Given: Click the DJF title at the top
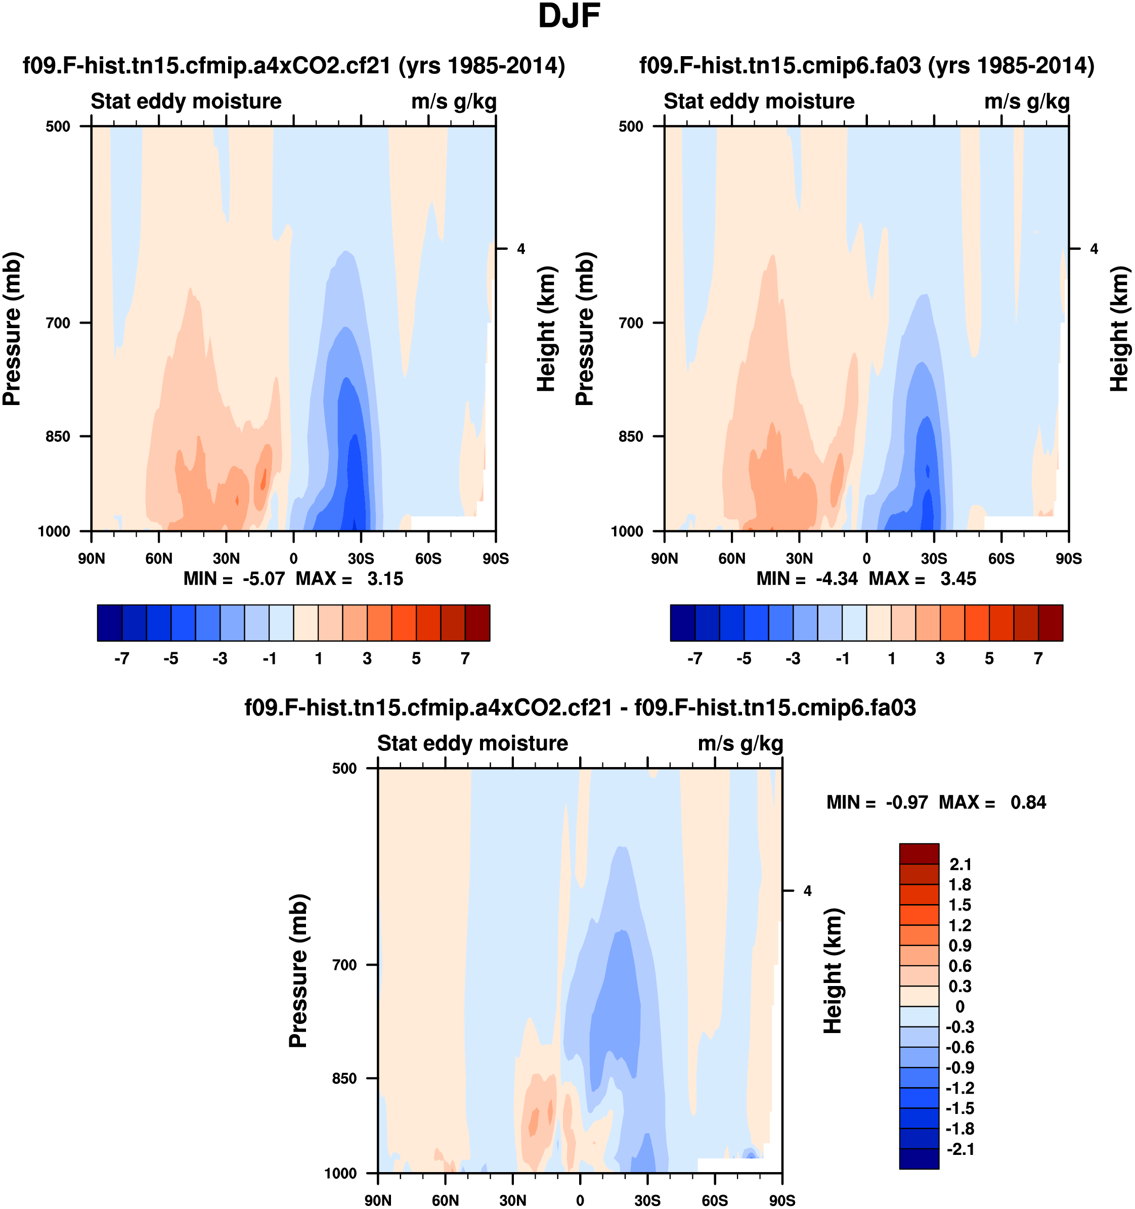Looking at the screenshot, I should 569,16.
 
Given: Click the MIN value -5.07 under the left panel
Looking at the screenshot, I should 264,578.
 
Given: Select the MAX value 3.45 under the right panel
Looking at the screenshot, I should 958,578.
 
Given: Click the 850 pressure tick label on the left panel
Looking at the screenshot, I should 58,436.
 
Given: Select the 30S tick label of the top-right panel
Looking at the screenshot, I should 934,558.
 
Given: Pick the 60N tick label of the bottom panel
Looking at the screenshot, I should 445,1200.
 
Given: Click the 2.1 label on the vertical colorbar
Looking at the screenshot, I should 961,864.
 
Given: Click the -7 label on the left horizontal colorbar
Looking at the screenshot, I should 122,659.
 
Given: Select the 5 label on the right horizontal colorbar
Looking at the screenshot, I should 989,659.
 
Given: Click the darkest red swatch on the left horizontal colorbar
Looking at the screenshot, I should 477,623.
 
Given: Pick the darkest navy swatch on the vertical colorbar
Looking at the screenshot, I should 919,1158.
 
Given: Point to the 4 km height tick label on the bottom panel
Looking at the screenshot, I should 807,891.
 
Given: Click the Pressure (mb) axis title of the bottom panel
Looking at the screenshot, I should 298,971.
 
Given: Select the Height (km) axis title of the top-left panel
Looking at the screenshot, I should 546,328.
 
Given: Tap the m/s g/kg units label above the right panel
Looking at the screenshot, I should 1027,102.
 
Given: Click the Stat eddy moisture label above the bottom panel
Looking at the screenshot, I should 472,743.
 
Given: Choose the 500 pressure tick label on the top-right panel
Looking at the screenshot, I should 631,126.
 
